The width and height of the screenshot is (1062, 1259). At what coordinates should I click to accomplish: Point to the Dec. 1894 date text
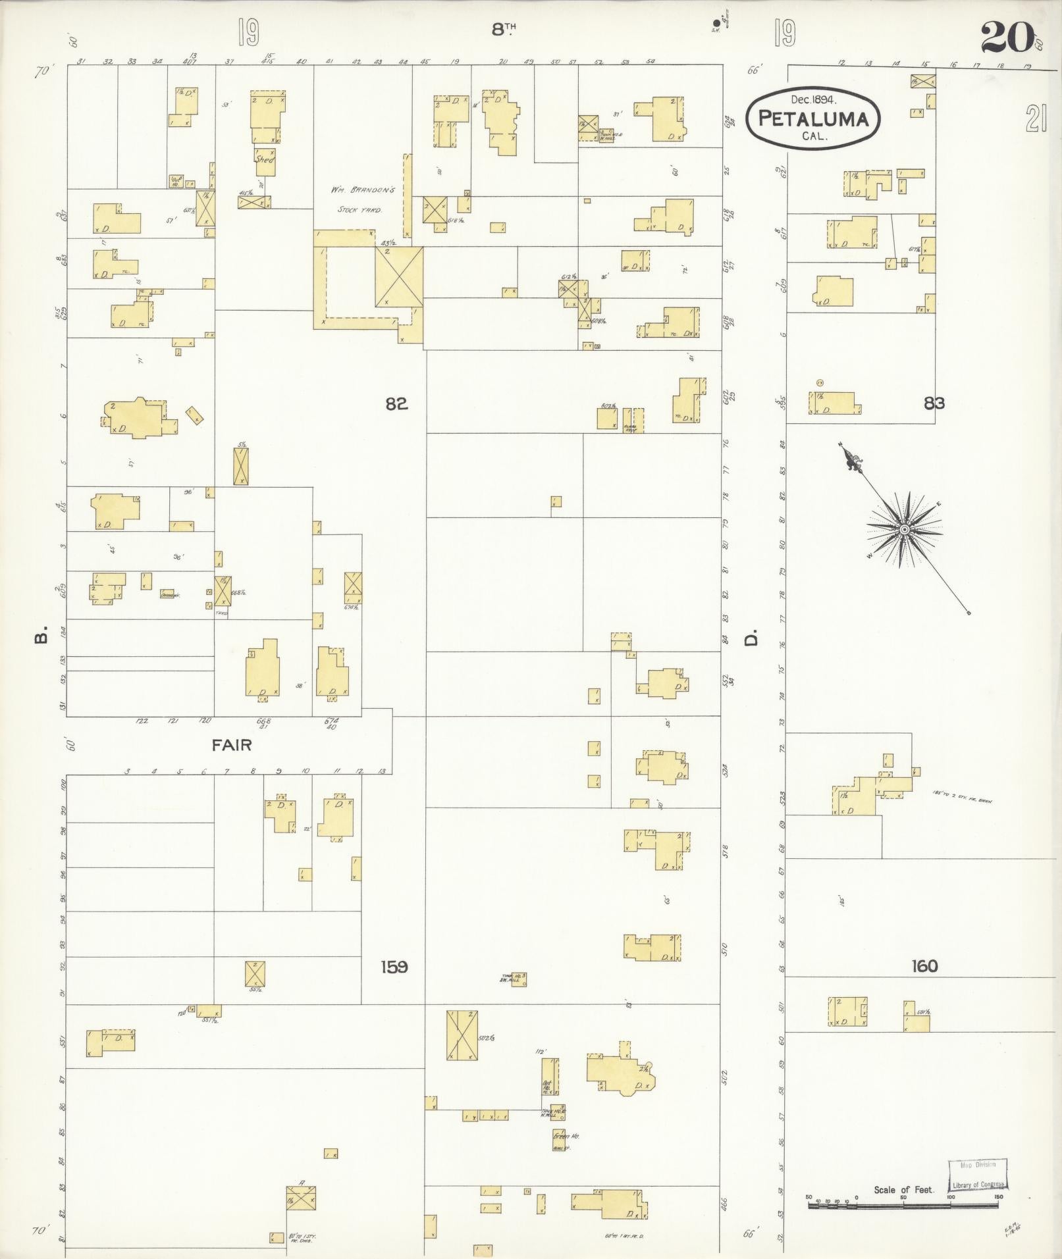pyautogui.click(x=813, y=100)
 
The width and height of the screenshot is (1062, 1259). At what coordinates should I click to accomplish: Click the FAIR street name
pyautogui.click(x=231, y=745)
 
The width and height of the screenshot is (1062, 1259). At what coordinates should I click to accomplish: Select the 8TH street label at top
pyautogui.click(x=503, y=28)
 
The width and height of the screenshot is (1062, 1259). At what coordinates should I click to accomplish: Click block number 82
pyautogui.click(x=396, y=403)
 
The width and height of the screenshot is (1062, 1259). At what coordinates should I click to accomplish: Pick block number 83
pyautogui.click(x=934, y=403)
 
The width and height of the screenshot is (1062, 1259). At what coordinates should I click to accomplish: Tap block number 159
pyautogui.click(x=394, y=967)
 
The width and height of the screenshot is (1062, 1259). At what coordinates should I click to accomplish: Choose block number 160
pyautogui.click(x=924, y=966)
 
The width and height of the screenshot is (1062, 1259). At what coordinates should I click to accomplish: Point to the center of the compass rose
pyautogui.click(x=904, y=528)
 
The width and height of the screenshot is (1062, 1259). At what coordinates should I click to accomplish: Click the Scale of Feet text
pyautogui.click(x=899, y=1189)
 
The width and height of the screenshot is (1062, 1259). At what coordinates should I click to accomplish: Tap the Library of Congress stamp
pyautogui.click(x=977, y=1175)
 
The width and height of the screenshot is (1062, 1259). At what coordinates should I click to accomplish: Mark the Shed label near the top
pyautogui.click(x=265, y=159)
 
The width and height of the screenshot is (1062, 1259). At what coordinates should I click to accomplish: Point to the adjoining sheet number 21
pyautogui.click(x=1035, y=120)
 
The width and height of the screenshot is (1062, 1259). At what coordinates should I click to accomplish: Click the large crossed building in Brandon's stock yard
pyautogui.click(x=399, y=276)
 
